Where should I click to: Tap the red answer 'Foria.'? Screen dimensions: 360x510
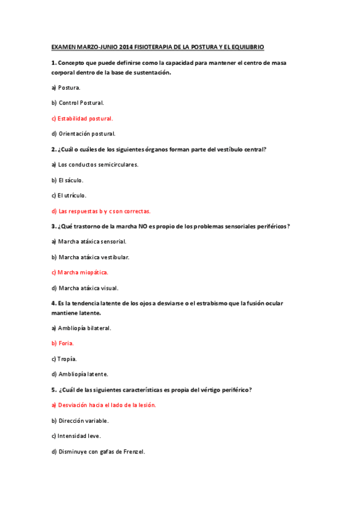(66, 343)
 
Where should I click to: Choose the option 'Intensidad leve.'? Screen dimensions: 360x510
(78, 436)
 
